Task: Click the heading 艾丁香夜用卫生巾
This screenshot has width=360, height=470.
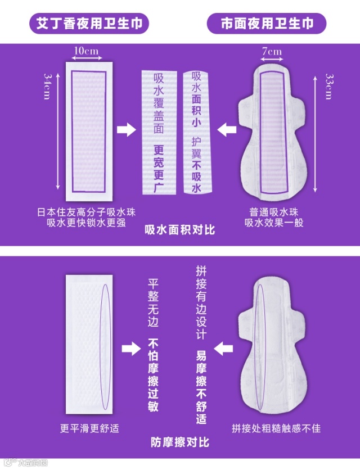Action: point(89,24)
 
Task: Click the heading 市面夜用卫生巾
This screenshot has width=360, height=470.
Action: point(267,24)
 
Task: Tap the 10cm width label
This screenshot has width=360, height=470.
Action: point(87,51)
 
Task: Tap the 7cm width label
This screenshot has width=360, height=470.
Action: point(272,52)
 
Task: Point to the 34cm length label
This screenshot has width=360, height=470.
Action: point(47,87)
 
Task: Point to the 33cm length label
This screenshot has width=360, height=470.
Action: point(329,87)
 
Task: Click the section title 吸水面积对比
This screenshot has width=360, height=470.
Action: point(179,229)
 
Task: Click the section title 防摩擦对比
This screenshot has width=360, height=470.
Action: point(179,442)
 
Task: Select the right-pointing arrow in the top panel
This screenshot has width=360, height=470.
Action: point(126,130)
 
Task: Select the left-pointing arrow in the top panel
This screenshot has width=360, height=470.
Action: point(227,130)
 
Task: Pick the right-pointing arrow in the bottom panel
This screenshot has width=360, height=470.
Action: point(131,349)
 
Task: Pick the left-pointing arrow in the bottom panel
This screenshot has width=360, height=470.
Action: point(223,349)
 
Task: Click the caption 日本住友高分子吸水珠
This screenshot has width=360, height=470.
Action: point(87,212)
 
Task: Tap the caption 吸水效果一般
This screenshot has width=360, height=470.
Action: point(274,223)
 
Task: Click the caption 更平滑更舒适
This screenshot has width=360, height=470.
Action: point(89,428)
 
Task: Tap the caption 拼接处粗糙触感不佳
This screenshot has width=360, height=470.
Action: point(276,428)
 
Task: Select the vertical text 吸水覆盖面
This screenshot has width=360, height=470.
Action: point(159,103)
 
